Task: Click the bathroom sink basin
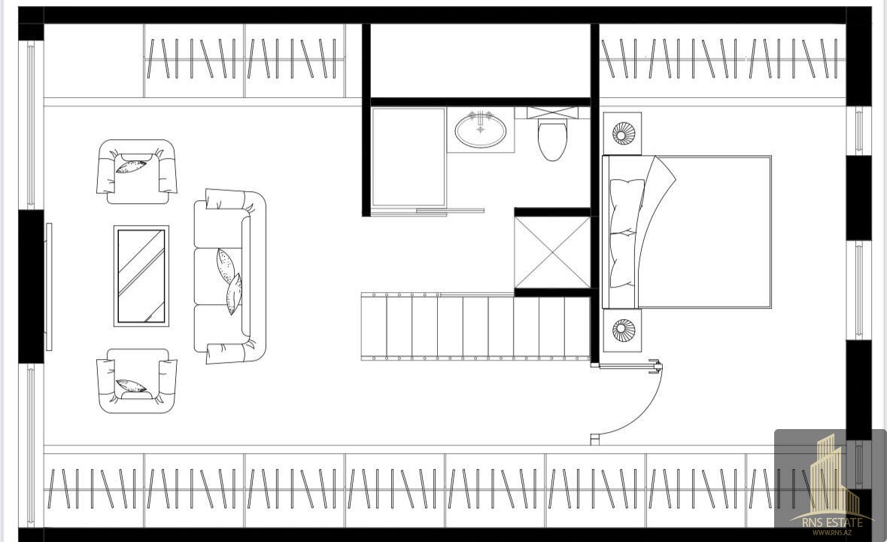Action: tap(480, 131)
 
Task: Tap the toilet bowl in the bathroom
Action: tap(552, 140)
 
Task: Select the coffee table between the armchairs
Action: tap(141, 276)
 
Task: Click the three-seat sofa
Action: tap(229, 276)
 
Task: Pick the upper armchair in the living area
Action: tap(136, 172)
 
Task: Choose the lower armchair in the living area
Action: tap(136, 381)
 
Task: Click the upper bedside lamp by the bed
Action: tap(624, 133)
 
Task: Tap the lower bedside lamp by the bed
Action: tap(624, 330)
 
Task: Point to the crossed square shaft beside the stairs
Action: tap(552, 252)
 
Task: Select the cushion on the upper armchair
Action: tap(131, 166)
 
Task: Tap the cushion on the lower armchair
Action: tap(131, 386)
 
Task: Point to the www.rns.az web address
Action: tap(831, 532)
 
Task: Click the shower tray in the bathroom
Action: tap(409, 157)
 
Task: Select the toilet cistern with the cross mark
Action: tap(553, 113)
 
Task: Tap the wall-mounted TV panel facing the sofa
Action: tap(49, 287)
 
